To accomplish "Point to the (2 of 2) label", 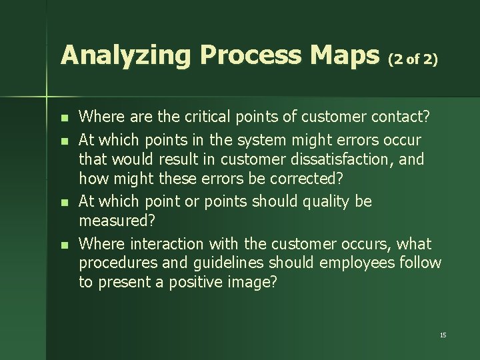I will coord(413,59).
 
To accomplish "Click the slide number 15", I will coord(443,335).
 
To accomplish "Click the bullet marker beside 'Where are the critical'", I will coord(64,118).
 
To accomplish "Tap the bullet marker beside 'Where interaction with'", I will coord(64,245).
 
